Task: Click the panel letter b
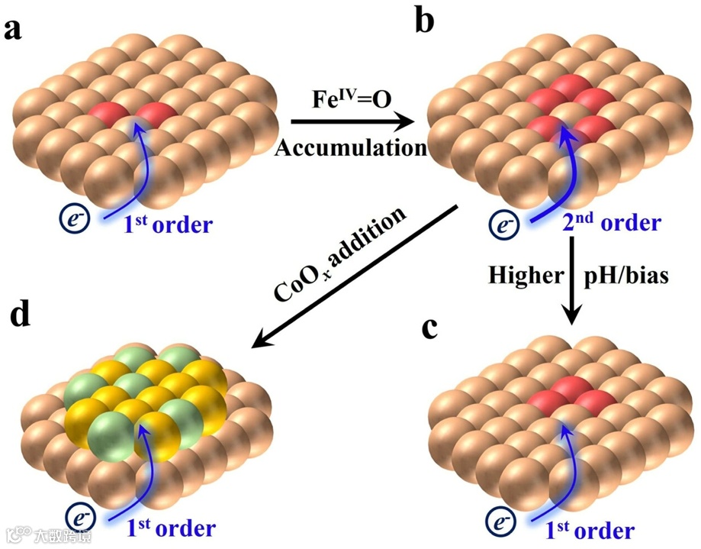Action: [424, 21]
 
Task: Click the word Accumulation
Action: [350, 147]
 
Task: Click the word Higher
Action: [526, 275]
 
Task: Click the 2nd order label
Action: [610, 223]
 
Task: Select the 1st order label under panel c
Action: [592, 529]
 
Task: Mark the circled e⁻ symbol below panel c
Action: [500, 525]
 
